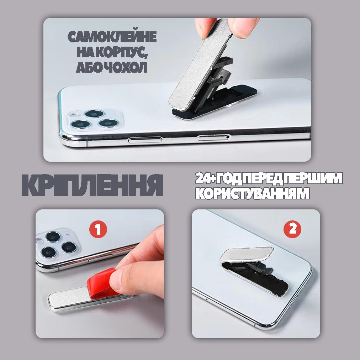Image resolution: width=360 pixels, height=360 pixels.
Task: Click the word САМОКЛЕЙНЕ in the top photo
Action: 112,38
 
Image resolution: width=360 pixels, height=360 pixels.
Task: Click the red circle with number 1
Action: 98,230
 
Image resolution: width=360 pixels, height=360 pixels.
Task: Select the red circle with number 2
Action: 292,229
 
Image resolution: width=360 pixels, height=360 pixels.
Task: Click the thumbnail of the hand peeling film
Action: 100,273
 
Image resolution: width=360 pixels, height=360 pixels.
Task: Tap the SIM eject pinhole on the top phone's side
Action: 228,136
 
